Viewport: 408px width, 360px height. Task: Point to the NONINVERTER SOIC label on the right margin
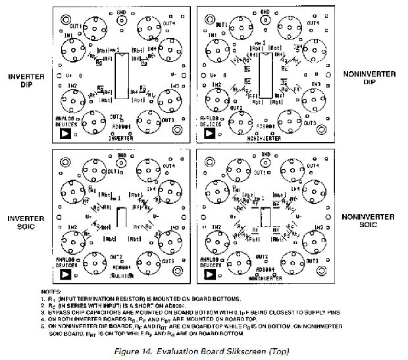point(369,221)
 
